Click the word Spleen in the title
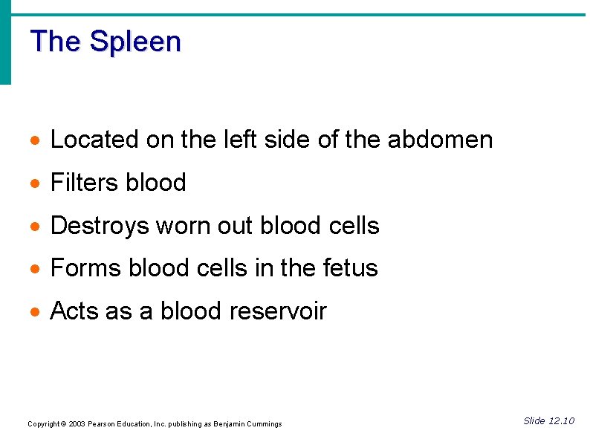point(134,42)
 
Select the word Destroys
point(100,226)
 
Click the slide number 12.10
point(560,421)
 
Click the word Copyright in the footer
point(43,424)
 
